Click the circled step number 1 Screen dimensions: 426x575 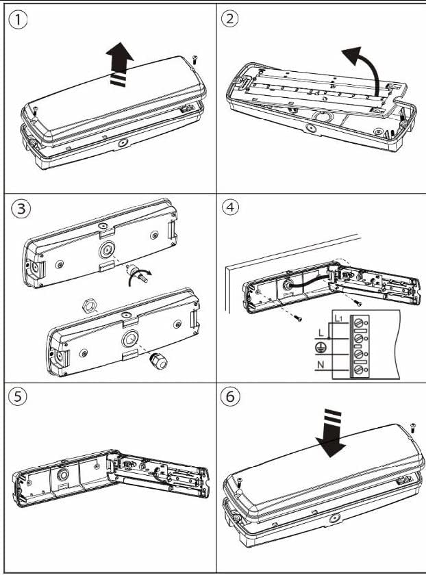tap(17, 20)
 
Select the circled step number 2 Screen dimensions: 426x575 tap(229, 18)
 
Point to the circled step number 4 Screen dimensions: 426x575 tap(230, 207)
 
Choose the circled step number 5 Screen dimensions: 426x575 tap(17, 396)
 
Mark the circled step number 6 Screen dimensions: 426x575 tap(230, 396)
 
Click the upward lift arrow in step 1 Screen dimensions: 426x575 tap(120, 64)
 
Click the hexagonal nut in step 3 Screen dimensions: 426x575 tap(88, 305)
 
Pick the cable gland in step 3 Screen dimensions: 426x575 tap(158, 361)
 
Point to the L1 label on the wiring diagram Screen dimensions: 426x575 tap(338, 318)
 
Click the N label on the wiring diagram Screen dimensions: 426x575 tap(321, 364)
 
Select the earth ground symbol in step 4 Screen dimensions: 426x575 tap(320, 347)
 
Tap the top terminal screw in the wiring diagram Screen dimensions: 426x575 tap(358, 322)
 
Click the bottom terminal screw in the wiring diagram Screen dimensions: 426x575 tap(358, 370)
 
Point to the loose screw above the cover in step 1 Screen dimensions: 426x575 tap(195, 59)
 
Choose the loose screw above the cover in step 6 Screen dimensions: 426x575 tap(413, 427)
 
